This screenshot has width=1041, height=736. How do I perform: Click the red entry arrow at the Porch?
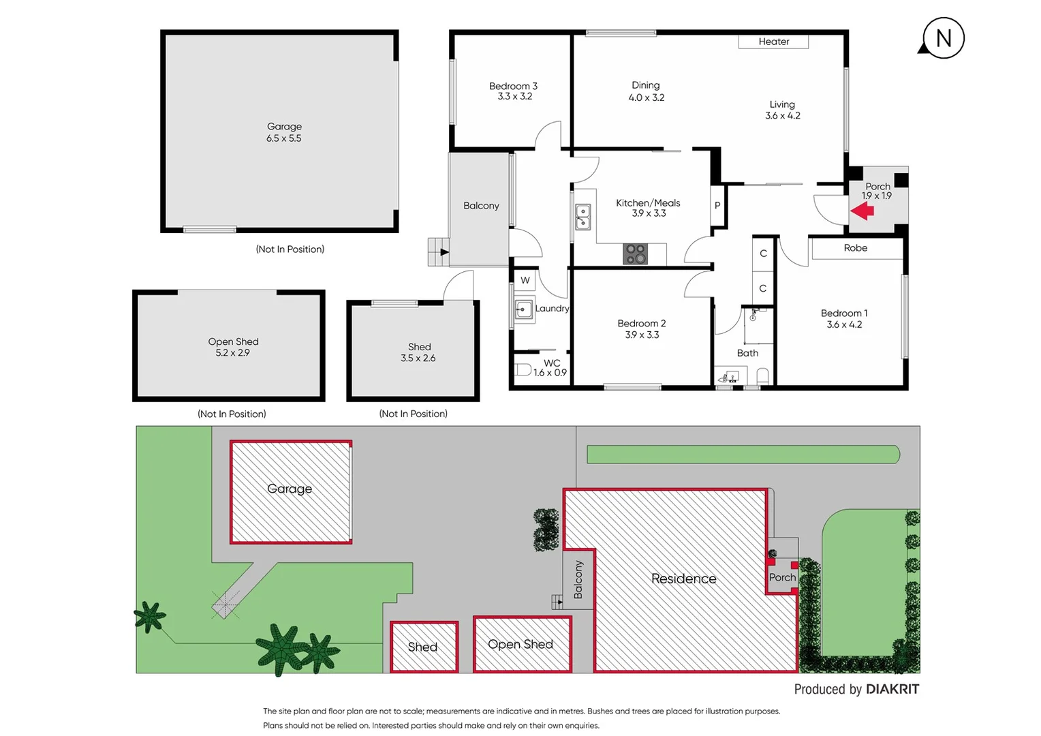click(863, 211)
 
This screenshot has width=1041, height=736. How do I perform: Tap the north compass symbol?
click(943, 39)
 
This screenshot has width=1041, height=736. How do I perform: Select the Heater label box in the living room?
click(773, 42)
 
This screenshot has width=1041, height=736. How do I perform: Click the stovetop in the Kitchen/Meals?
click(635, 254)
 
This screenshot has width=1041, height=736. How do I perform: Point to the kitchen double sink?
click(583, 217)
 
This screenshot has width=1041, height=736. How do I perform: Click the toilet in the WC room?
click(523, 370)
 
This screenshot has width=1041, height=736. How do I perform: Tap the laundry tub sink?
click(523, 310)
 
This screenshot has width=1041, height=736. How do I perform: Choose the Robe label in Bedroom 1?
click(856, 248)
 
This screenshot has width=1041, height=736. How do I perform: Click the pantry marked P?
click(717, 205)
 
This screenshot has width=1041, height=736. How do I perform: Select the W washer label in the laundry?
click(525, 280)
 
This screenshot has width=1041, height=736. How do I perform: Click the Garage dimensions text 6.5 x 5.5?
click(284, 138)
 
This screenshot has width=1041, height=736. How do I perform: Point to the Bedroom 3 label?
click(513, 86)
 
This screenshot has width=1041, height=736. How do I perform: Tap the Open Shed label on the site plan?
click(520, 644)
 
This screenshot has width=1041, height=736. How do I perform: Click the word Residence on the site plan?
click(683, 579)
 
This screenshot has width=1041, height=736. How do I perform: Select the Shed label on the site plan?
click(422, 647)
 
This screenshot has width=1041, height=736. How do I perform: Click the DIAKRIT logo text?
click(892, 690)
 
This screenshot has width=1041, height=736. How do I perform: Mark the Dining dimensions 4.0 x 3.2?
click(646, 97)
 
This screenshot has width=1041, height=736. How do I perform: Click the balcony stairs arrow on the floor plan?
click(444, 252)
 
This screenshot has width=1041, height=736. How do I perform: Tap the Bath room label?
click(747, 353)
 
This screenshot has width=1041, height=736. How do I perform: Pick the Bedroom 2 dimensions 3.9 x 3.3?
click(642, 335)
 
